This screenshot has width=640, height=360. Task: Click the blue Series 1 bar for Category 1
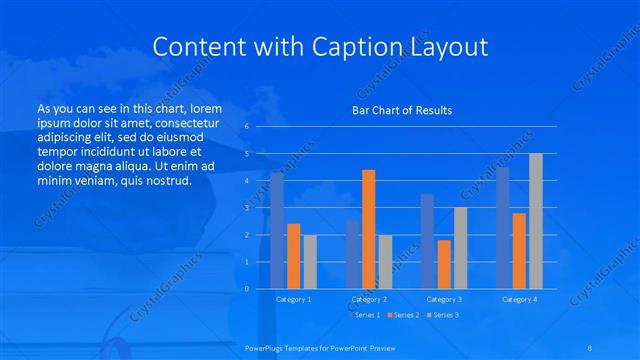point(277,231)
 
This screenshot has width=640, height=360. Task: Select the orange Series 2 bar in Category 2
point(369,229)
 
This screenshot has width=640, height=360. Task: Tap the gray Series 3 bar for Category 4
point(536,221)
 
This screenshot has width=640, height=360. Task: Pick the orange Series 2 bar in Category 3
point(444,264)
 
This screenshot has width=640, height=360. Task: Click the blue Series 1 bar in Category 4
point(502,228)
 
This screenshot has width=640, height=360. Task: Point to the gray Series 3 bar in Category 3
point(460,248)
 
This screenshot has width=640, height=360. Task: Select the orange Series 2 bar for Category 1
point(293,256)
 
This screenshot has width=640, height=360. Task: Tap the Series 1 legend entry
point(366,315)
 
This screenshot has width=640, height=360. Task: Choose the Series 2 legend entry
point(403,315)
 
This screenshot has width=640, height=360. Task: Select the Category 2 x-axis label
point(369,299)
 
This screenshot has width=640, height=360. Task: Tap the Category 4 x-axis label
point(519,299)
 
